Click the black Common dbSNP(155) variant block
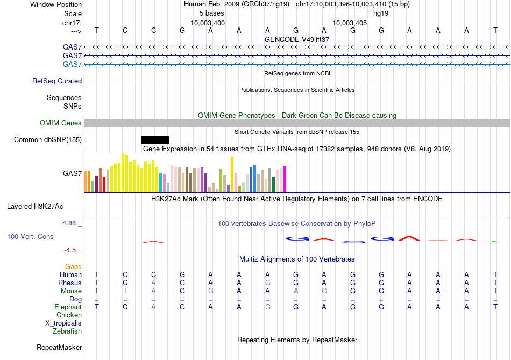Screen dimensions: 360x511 click(x=155, y=139)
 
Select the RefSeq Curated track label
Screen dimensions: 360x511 click(x=57, y=81)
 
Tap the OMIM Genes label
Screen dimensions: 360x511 click(x=61, y=123)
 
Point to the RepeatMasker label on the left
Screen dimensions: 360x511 click(x=59, y=348)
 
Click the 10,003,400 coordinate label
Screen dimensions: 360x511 click(x=208, y=23)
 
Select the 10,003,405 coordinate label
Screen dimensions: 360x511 click(x=350, y=23)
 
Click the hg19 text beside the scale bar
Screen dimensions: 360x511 click(x=380, y=12)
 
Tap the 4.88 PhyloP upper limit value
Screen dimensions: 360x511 click(x=73, y=223)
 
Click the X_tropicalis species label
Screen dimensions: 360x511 click(x=63, y=323)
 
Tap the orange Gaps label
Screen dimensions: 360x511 click(x=73, y=267)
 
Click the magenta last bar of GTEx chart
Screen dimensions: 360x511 click(x=285, y=179)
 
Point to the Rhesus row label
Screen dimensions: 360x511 click(x=70, y=283)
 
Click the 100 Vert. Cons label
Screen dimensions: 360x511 click(x=30, y=237)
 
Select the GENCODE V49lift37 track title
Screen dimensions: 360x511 click(x=297, y=40)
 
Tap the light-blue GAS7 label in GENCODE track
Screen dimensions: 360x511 click(x=72, y=65)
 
